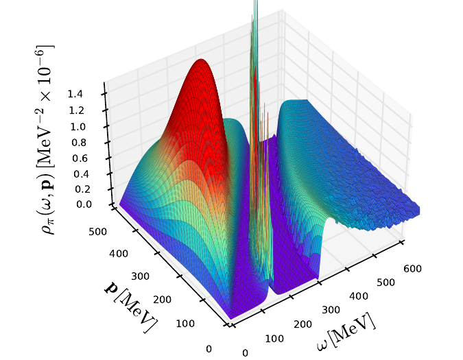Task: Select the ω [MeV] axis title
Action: [346, 332]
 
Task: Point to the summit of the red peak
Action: [200, 60]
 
